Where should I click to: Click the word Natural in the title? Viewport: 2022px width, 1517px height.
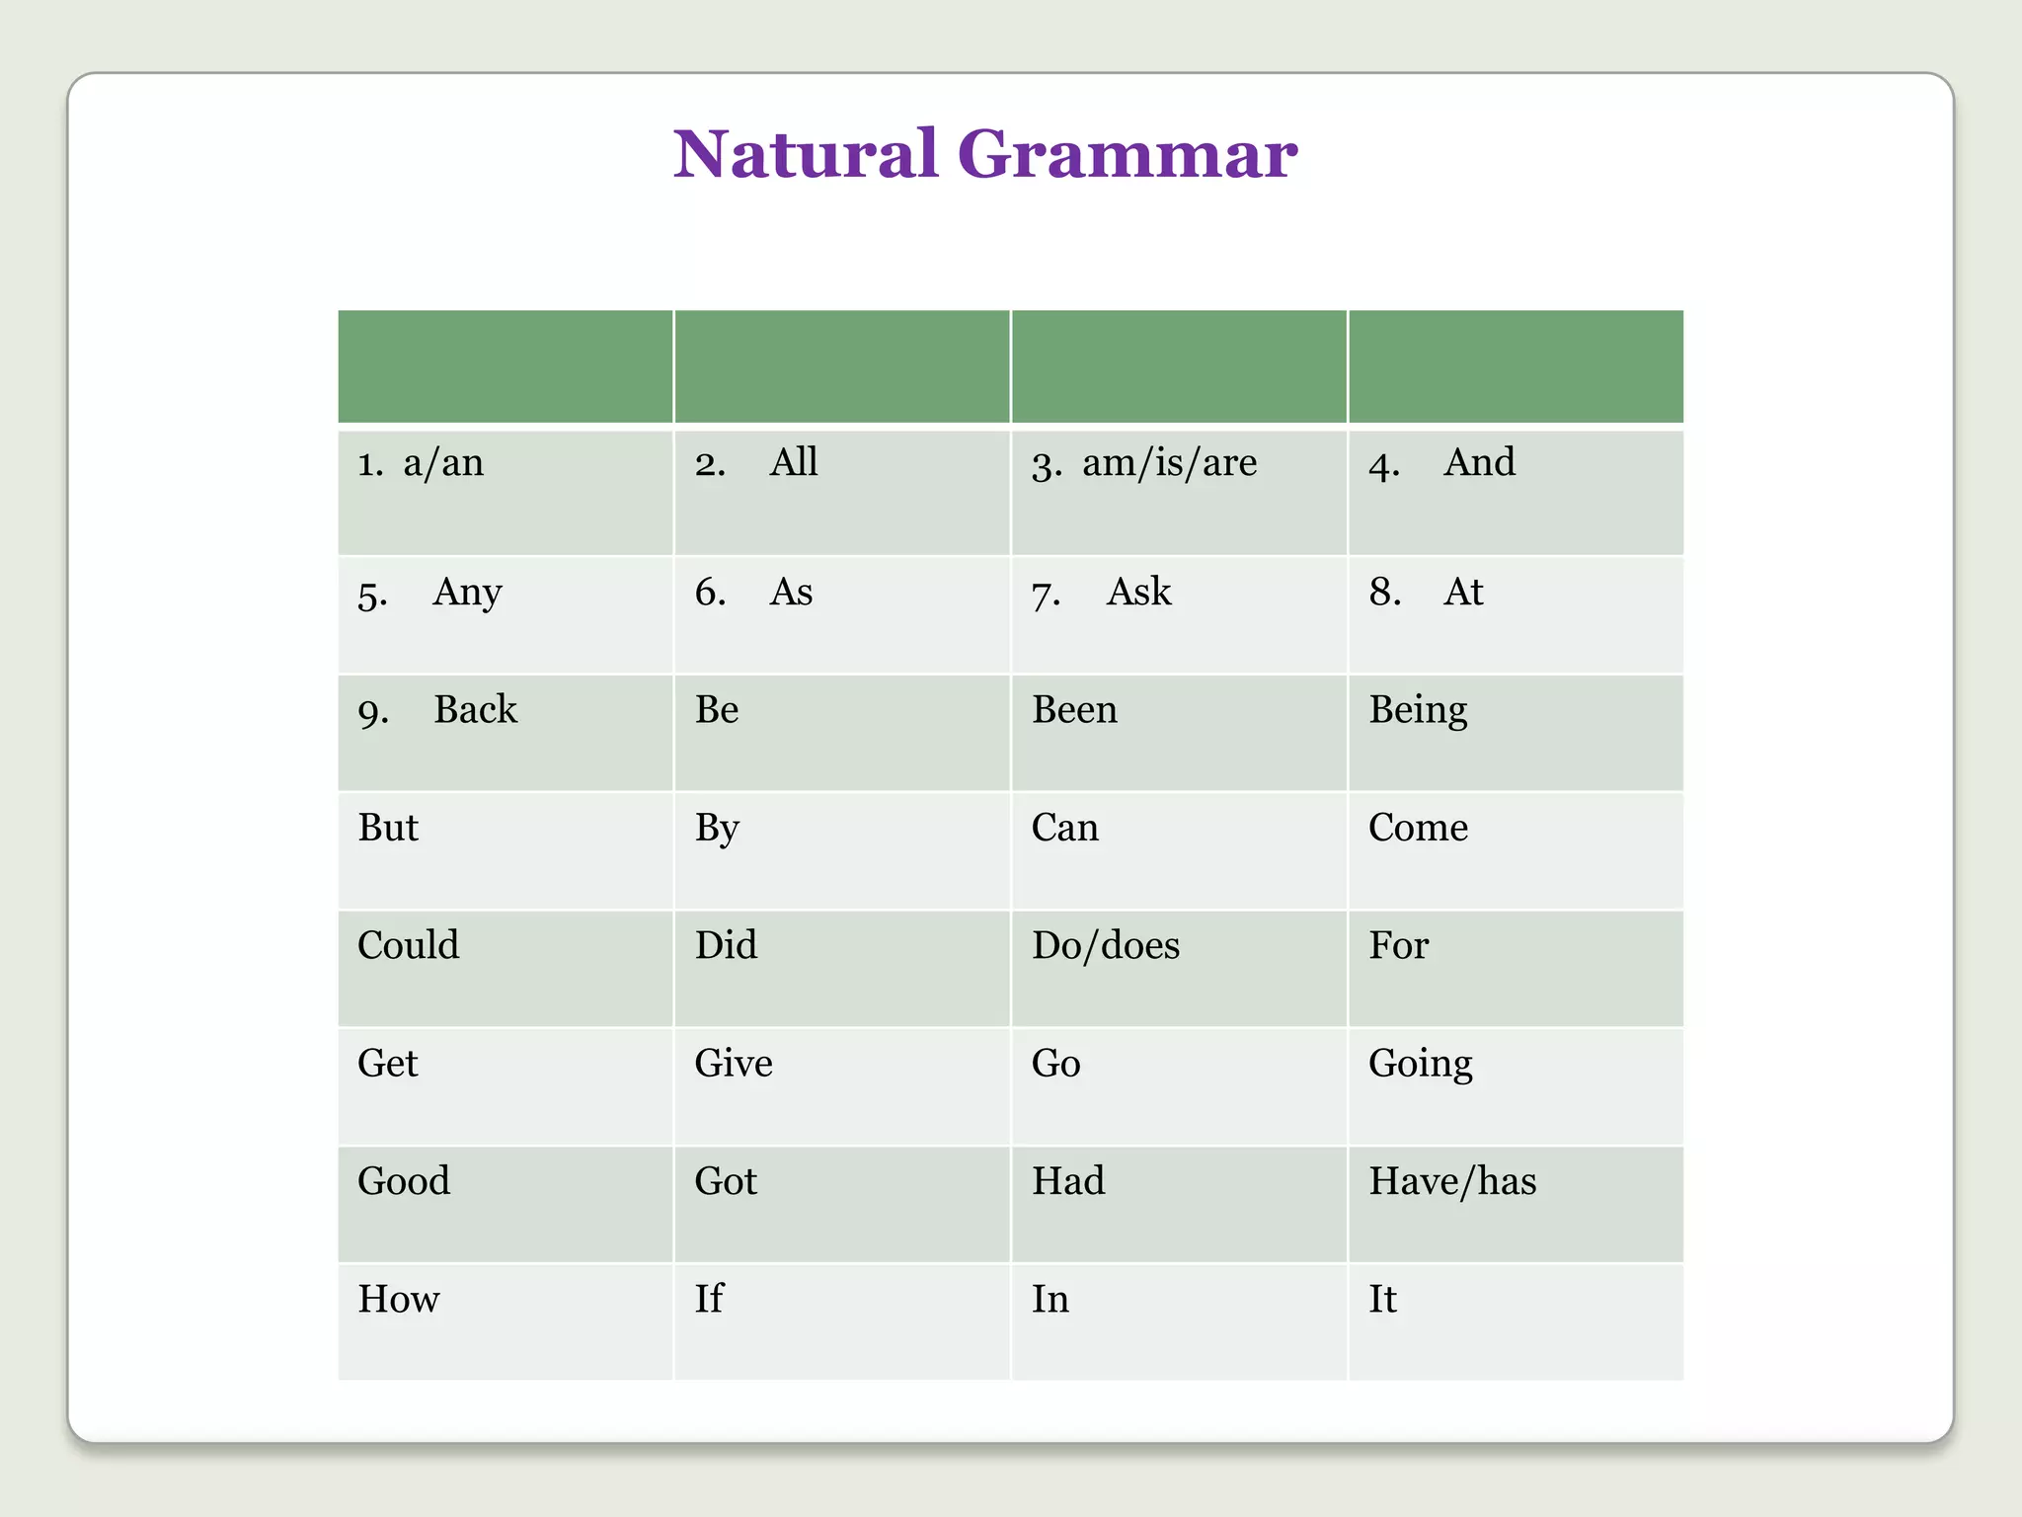pos(805,155)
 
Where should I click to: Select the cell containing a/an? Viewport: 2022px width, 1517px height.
pos(443,463)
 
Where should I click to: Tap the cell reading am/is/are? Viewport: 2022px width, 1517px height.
pos(1169,463)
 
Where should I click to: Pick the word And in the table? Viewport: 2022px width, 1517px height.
pos(1479,463)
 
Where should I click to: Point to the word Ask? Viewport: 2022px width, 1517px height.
pos(1138,593)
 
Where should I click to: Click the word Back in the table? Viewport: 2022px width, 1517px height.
pos(475,710)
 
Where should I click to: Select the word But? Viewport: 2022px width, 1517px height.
pos(388,828)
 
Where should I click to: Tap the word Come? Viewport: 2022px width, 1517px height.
pos(1418,828)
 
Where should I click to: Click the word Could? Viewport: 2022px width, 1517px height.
pos(408,945)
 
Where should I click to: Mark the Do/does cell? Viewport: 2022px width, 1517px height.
pos(1106,946)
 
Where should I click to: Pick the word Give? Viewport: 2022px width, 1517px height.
pos(734,1064)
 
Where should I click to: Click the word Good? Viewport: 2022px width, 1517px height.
pos(404,1181)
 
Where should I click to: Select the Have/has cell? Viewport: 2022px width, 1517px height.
pos(1452,1181)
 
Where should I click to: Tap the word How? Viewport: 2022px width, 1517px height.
pos(399,1299)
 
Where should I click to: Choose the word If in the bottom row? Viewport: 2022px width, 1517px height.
pos(709,1299)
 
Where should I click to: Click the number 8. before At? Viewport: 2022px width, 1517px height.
pos(1384,593)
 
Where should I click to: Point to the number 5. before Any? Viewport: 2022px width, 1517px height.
pos(372,595)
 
